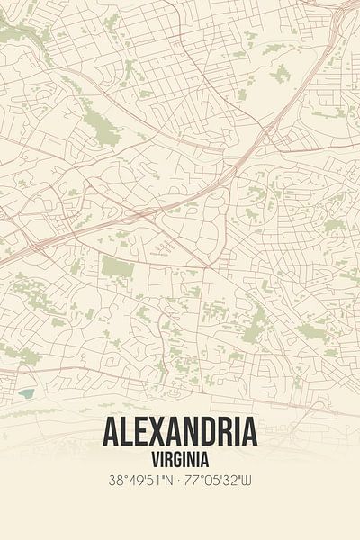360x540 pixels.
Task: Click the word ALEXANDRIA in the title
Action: point(180,433)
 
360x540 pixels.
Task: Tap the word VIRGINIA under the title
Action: point(180,458)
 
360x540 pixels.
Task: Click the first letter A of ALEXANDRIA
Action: point(112,433)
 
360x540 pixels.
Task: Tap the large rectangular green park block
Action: point(116,267)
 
